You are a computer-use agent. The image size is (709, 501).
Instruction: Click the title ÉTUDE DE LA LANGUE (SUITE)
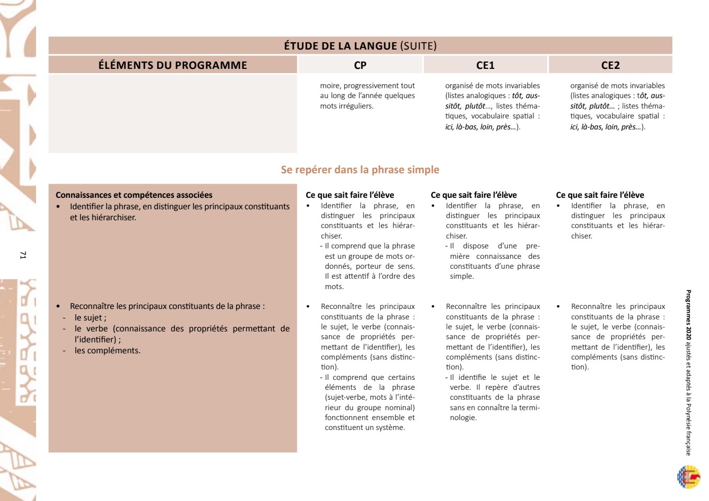360,46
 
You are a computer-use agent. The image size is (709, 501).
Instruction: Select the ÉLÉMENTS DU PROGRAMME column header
172,65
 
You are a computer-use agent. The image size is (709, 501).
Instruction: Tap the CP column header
360,65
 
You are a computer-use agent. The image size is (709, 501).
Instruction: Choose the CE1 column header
485,65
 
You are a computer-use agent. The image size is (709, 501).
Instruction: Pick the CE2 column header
610,65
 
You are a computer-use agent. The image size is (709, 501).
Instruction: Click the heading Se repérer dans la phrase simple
360,170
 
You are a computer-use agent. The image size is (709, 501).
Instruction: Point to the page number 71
22,255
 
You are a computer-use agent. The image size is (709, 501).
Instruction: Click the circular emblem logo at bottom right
688,477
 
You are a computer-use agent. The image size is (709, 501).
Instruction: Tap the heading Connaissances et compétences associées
134,195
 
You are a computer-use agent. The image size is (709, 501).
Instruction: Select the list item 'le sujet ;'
90,318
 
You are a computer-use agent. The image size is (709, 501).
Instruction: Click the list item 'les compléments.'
107,351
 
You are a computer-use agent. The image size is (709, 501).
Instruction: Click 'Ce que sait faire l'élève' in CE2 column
600,195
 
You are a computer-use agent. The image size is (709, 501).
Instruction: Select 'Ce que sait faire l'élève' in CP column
350,195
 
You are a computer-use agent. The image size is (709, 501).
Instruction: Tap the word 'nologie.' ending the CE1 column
463,417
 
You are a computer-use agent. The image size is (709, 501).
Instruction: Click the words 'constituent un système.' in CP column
365,427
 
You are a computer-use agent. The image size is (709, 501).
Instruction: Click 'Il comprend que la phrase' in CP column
369,246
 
